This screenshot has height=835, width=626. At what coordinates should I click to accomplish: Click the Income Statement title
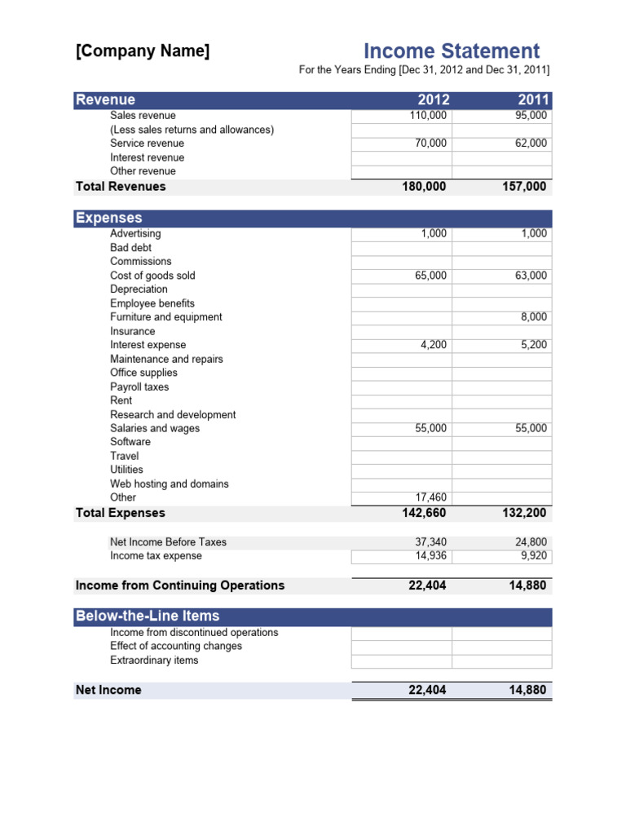click(x=452, y=51)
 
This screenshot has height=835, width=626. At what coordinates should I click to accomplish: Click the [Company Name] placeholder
click(x=143, y=51)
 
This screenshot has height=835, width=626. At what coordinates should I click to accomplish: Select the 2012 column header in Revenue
click(x=433, y=100)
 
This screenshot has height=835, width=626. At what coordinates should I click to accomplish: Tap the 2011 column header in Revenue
click(x=534, y=100)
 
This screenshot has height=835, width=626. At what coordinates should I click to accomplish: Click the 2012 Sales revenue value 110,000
click(x=428, y=116)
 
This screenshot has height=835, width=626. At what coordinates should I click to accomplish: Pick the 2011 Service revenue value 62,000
click(x=531, y=144)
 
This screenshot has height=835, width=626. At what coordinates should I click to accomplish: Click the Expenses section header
click(x=109, y=218)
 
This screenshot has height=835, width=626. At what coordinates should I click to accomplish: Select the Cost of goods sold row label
click(x=152, y=276)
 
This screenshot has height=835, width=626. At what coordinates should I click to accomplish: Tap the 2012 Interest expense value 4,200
click(x=433, y=345)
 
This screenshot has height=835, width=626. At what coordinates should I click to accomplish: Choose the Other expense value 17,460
click(x=430, y=497)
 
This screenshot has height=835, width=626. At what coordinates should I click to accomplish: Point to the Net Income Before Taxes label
click(x=168, y=542)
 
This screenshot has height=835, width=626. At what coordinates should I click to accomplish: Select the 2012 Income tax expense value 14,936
click(x=430, y=556)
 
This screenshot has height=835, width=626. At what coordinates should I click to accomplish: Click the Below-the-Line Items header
click(x=148, y=616)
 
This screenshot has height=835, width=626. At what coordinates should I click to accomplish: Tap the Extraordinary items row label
click(x=154, y=660)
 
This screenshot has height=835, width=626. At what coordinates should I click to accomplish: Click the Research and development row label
click(x=173, y=415)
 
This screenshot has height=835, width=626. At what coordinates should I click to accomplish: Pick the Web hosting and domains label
click(x=170, y=484)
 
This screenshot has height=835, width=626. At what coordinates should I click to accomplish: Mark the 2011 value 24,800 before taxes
click(x=531, y=542)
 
